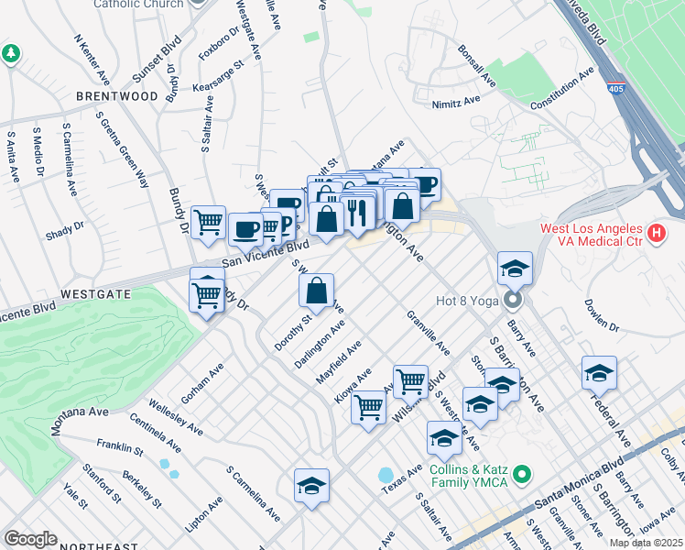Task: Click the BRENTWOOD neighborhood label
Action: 117,95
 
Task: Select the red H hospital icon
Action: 656,234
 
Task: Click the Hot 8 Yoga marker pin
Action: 513,300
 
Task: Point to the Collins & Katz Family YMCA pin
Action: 522,474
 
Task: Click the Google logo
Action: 30,539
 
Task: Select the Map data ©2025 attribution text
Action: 646,543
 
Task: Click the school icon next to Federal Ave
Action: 599,373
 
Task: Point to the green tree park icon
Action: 11,54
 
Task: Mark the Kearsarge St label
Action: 223,80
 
